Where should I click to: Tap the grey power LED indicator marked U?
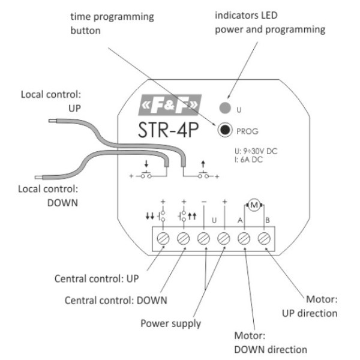pyautogui.click(x=225, y=109)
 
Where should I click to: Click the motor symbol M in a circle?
pyautogui.click(x=254, y=205)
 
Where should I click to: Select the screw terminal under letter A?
pyautogui.click(x=244, y=239)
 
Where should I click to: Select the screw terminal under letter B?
pyautogui.click(x=264, y=239)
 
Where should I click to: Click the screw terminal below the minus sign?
pyautogui.click(x=203, y=239)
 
